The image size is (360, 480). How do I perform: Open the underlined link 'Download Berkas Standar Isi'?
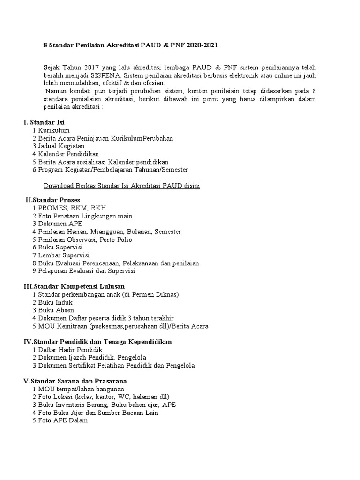click(x=122, y=186)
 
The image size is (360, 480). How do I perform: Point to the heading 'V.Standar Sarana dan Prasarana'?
click(x=75, y=381)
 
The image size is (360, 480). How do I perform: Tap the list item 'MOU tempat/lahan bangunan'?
click(x=78, y=389)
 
